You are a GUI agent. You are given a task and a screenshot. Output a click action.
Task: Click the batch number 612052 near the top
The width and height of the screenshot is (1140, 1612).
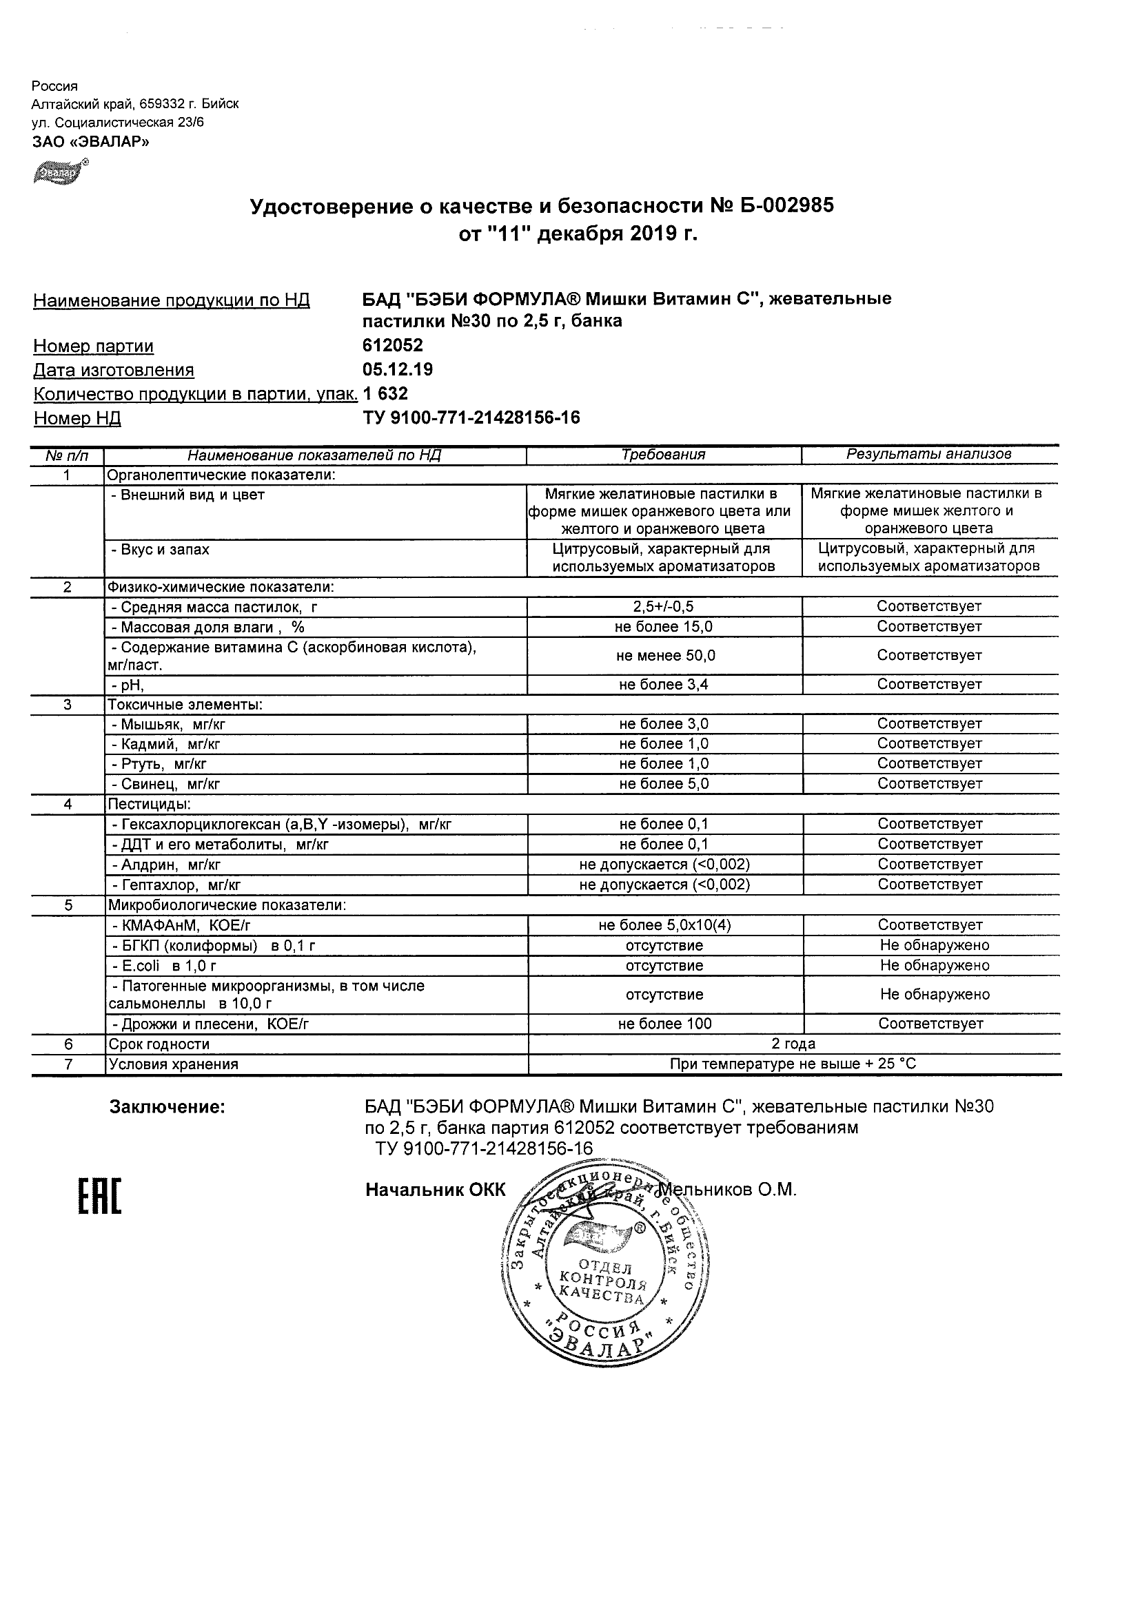pos(393,345)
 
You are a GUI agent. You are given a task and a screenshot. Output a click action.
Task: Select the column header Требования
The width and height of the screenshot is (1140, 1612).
pos(663,455)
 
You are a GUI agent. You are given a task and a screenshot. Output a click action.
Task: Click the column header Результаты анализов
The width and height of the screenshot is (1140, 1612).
pos(928,454)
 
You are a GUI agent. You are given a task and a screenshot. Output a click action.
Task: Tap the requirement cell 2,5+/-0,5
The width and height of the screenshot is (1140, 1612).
pos(664,607)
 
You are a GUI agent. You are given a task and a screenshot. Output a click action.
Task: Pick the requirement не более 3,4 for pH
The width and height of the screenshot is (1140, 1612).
pos(664,685)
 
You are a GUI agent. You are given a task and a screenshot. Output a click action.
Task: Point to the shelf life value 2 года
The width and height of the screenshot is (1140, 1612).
pos(793,1044)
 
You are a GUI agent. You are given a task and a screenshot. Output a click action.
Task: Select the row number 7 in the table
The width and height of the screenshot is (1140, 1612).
pos(68,1064)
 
